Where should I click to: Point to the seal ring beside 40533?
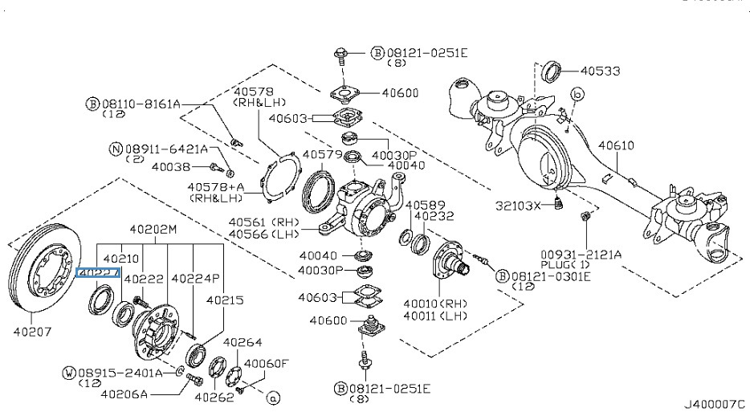pyautogui.click(x=552, y=71)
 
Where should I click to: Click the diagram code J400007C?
pyautogui.click(x=715, y=404)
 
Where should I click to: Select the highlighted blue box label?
pyautogui.click(x=97, y=273)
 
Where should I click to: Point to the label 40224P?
pyautogui.click(x=195, y=278)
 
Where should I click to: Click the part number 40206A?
pyautogui.click(x=124, y=394)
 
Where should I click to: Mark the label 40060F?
pyautogui.click(x=266, y=363)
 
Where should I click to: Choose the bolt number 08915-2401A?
pyautogui.click(x=118, y=373)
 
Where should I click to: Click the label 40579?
pyautogui.click(x=322, y=153)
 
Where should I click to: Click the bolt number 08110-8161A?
pyautogui.click(x=140, y=104)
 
